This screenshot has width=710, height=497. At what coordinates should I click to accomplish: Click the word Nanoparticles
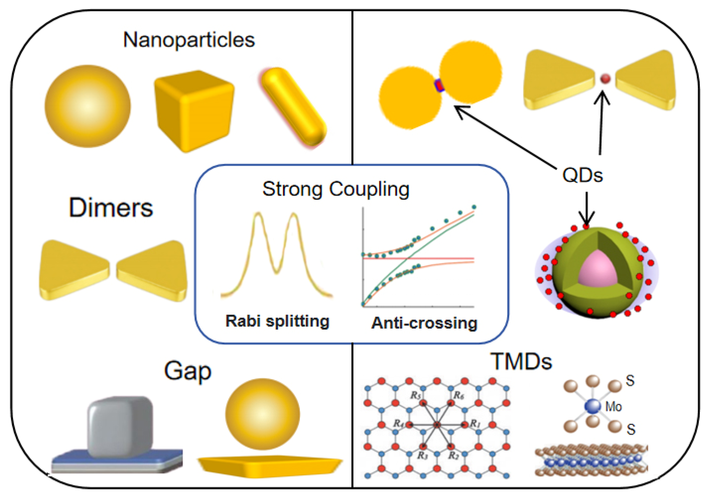pyautogui.click(x=189, y=40)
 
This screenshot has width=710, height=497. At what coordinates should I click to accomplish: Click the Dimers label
pyautogui.click(x=111, y=207)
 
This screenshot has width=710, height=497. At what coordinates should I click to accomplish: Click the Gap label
pyautogui.click(x=187, y=371)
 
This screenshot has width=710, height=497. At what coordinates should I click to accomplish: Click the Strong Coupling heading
pyautogui.click(x=336, y=189)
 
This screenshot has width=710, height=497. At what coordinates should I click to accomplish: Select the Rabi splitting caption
pyautogui.click(x=277, y=321)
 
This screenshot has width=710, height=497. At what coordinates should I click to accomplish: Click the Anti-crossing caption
pyautogui.click(x=424, y=323)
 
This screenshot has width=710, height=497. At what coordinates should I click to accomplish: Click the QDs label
pyautogui.click(x=582, y=175)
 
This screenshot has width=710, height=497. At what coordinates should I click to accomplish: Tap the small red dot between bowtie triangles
pyautogui.click(x=605, y=79)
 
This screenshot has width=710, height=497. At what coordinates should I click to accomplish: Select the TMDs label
pyautogui.click(x=521, y=361)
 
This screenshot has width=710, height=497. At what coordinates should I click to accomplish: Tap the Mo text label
pyautogui.click(x=613, y=407)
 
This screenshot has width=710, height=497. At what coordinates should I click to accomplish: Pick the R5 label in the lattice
pyautogui.click(x=415, y=395)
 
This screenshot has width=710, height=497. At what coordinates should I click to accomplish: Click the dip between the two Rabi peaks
pyautogui.click(x=277, y=272)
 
